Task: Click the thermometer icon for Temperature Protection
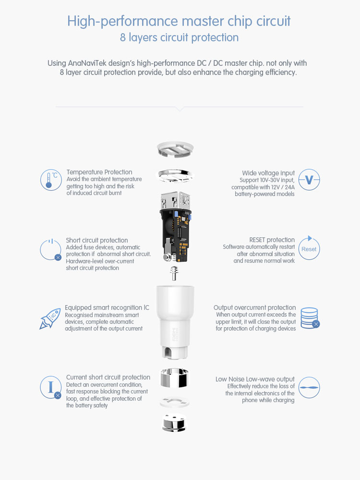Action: tap(51, 180)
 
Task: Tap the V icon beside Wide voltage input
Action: tap(309, 180)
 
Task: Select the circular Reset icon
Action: tap(309, 248)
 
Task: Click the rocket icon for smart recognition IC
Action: tap(50, 319)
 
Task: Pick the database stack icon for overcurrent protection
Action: tap(310, 318)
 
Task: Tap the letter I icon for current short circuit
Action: tap(51, 387)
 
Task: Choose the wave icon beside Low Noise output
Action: tap(309, 388)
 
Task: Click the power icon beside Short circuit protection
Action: tap(51, 249)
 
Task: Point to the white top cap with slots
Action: tap(175, 149)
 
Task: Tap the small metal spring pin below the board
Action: tap(174, 273)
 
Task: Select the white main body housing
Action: tap(175, 322)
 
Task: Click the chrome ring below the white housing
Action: tap(175, 378)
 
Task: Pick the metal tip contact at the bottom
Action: tap(174, 423)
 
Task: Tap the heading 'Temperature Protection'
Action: tap(99, 172)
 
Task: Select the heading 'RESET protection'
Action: tap(272, 240)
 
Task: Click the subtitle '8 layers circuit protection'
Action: tap(179, 37)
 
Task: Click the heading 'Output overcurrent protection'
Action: tap(255, 308)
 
